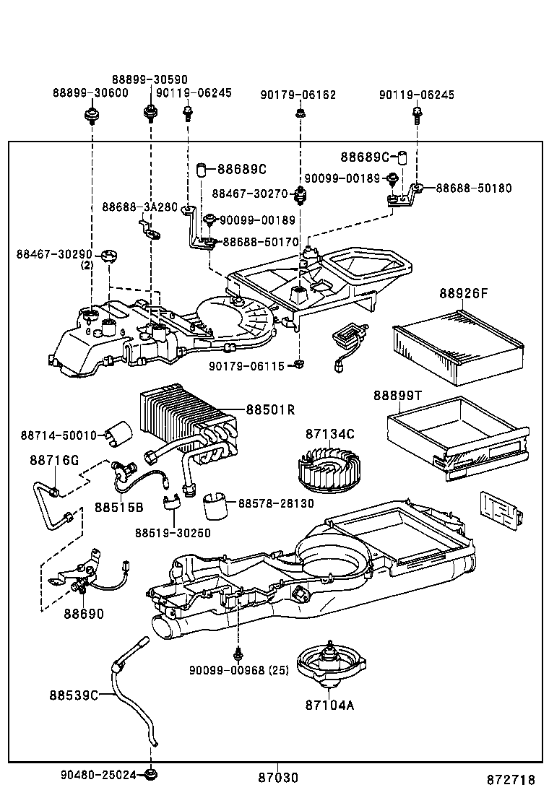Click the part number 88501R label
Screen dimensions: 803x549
pos(270,409)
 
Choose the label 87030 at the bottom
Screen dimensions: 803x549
pos(278,778)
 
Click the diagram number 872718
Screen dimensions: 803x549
pos(510,779)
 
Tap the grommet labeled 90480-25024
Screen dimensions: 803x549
pos(151,775)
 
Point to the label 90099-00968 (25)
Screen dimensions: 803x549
pos(239,670)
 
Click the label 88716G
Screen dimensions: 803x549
pos(54,460)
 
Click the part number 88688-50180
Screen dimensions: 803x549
pos(473,188)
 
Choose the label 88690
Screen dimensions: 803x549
pos(83,614)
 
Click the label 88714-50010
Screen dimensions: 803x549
pos(58,435)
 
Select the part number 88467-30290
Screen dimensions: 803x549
pos(54,254)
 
